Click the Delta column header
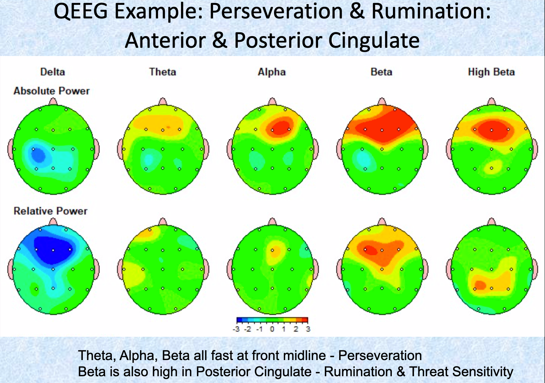[52, 72]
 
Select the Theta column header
[162, 72]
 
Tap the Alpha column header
[271, 72]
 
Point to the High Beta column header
[491, 72]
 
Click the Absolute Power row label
[52, 91]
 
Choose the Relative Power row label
[50, 211]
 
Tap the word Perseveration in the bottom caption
[380, 355]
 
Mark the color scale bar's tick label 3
[308, 329]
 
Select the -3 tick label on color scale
[236, 329]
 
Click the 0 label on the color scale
[272, 329]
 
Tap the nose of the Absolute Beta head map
[382, 102]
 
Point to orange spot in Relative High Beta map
[480, 285]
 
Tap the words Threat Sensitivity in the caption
[461, 372]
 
